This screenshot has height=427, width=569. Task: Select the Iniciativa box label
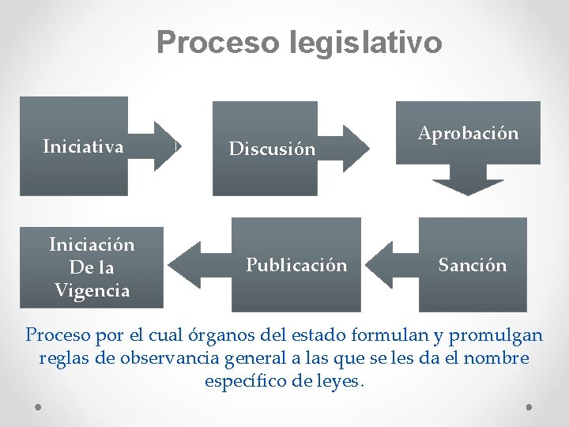pos(83,146)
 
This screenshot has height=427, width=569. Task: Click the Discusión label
pos(272,148)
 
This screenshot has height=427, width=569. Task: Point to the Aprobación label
pos(468,133)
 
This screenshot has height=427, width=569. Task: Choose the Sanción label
pos(473,265)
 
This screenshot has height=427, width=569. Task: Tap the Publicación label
pos(296,265)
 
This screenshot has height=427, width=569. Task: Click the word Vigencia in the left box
pos(92,290)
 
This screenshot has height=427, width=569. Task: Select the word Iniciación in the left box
pos(92,244)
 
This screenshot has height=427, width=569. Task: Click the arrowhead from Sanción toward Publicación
pos(381,265)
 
